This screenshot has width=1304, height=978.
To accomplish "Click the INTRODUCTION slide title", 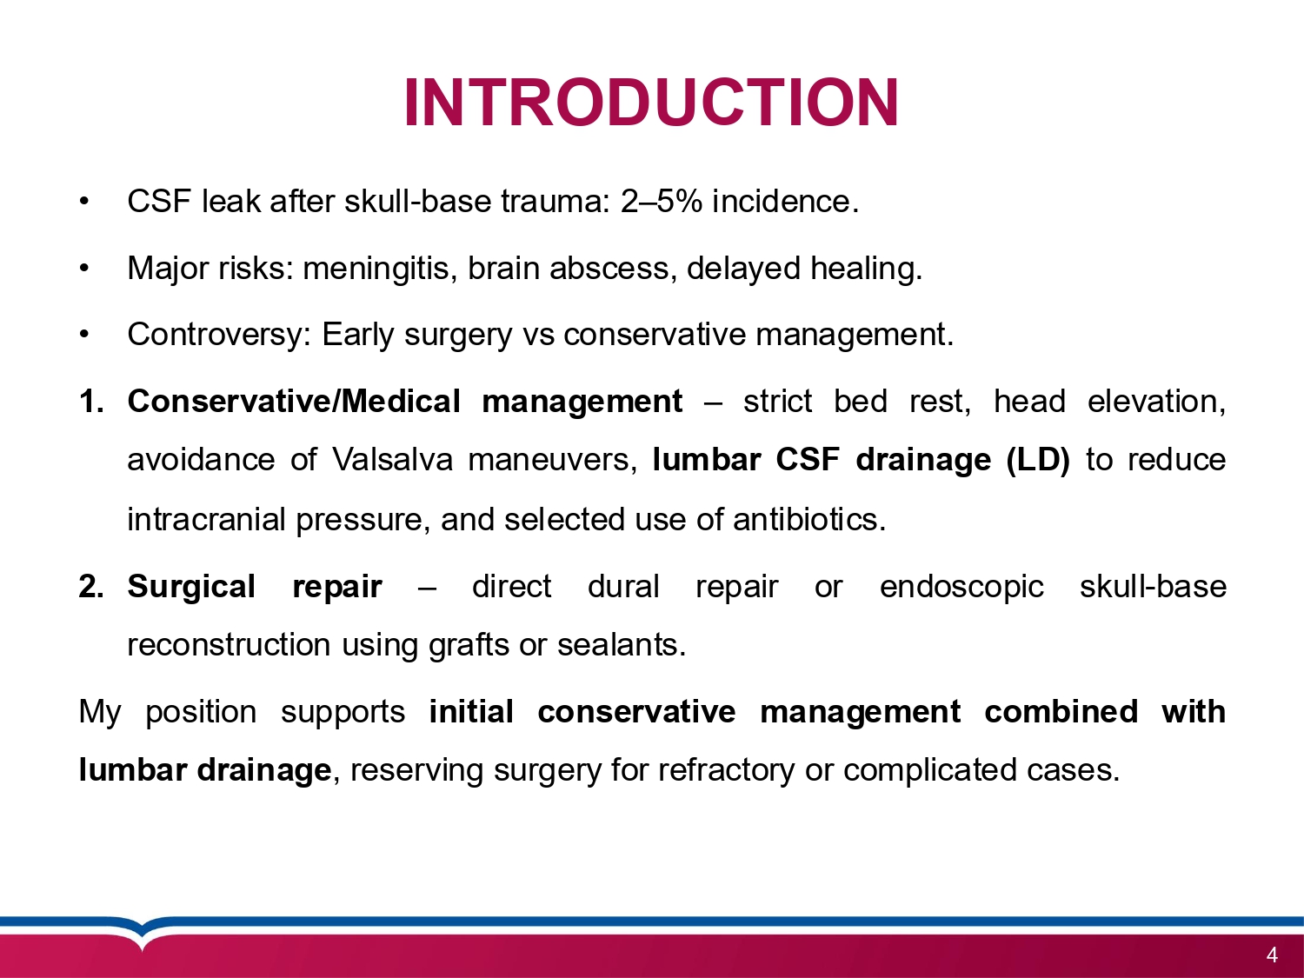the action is tap(651, 103).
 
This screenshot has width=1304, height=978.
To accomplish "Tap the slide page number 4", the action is tap(1272, 955).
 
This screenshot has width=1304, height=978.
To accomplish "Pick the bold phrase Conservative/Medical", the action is tap(294, 401).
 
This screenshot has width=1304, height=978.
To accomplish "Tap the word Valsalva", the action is tap(393, 460).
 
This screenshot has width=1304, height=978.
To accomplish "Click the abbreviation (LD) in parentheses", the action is tap(1038, 460).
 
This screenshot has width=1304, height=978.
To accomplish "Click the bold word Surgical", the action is tap(191, 587).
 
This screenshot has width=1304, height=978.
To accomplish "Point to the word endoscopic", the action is tap(961, 587).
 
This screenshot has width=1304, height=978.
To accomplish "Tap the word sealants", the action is tap(622, 645).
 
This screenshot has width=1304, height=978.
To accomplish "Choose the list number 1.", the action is tap(91, 401).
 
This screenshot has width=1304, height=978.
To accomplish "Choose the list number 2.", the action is tap(91, 587).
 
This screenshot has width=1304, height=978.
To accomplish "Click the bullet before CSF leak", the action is tap(84, 202).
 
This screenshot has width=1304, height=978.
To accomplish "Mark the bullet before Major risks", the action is tap(84, 268).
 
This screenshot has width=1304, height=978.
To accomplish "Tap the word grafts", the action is tap(469, 645).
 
